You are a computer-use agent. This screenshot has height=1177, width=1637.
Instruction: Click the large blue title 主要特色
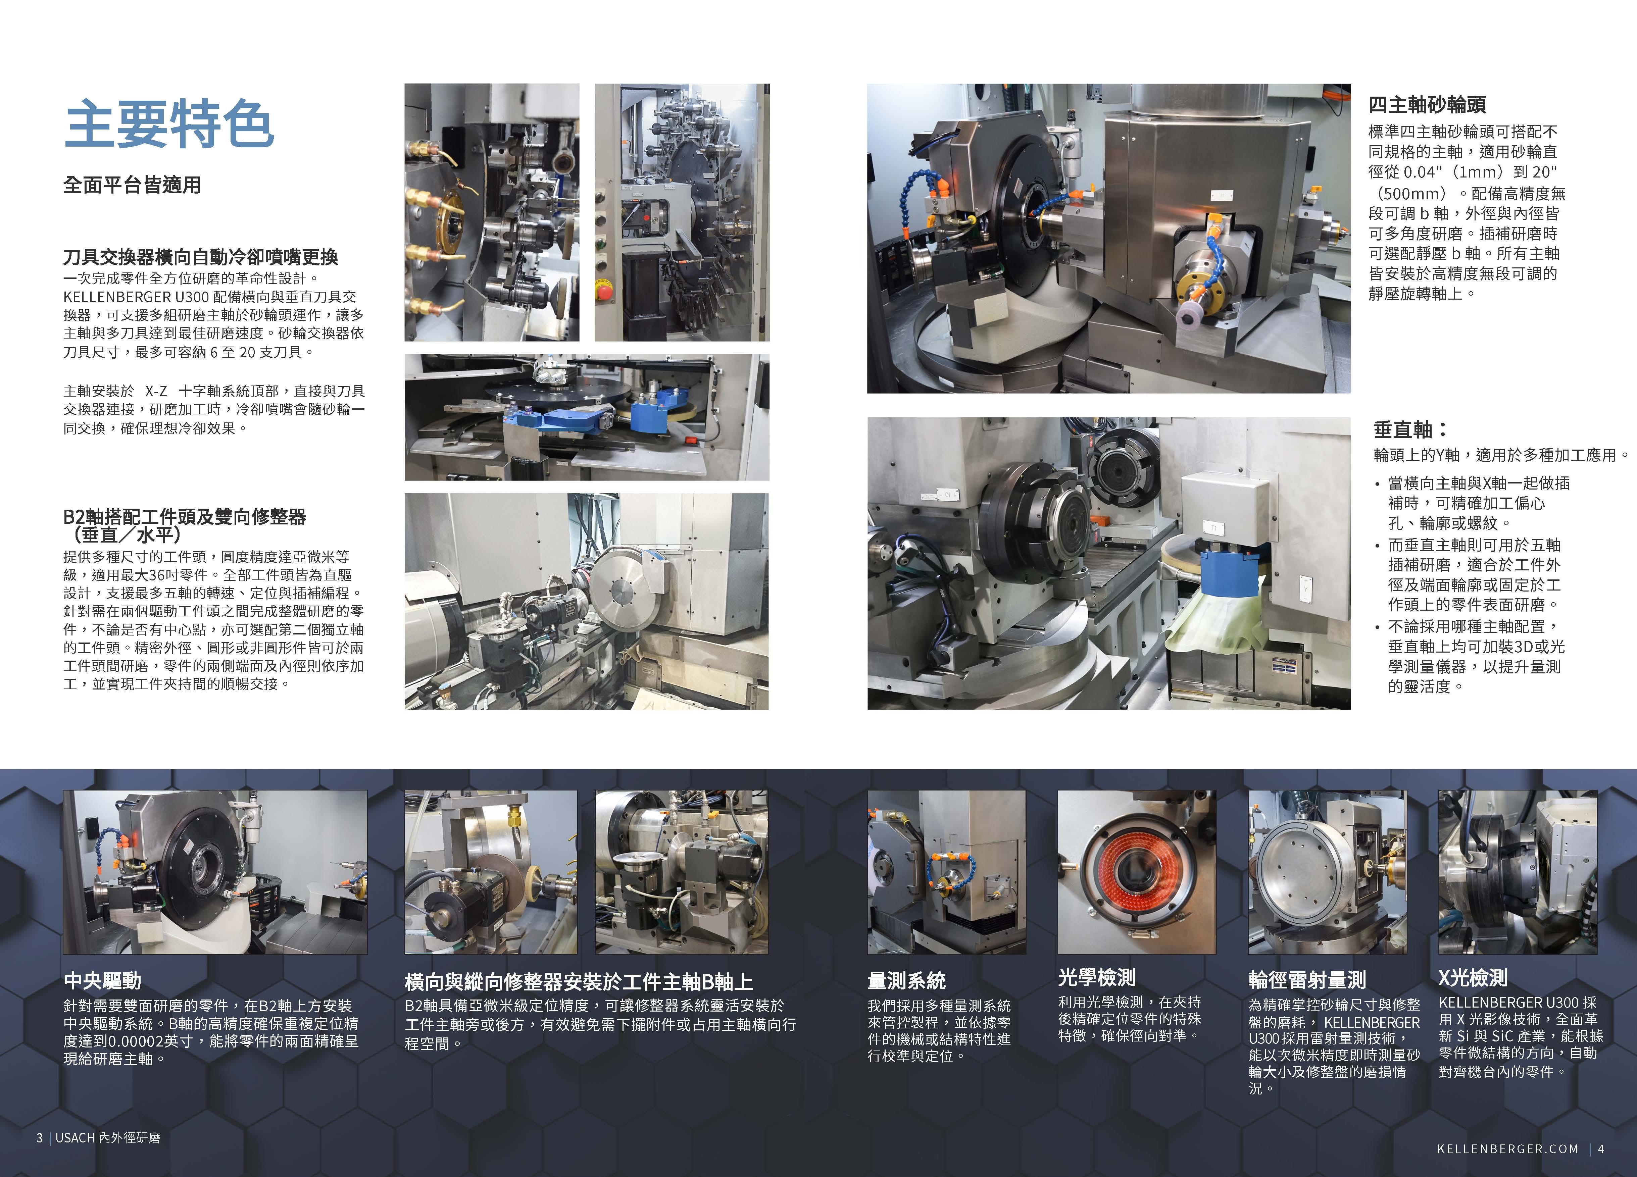(169, 124)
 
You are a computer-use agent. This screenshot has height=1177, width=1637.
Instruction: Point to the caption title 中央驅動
(102, 981)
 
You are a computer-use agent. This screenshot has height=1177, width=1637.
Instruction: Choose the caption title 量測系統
(906, 981)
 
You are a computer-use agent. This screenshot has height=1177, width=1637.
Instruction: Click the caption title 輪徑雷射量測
(1307, 980)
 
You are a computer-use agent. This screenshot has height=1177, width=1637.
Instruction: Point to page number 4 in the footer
(1601, 1149)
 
